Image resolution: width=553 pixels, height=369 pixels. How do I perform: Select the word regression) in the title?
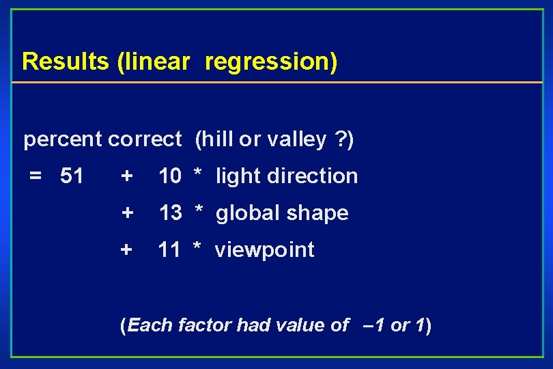[x=271, y=61]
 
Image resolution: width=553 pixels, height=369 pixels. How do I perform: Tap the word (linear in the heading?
[x=153, y=61]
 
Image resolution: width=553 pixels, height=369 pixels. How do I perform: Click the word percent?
[x=63, y=140]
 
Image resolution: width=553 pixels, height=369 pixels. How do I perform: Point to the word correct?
[x=144, y=140]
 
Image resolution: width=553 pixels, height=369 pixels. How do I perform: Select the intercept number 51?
[x=72, y=176]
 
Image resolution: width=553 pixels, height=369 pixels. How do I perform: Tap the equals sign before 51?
[x=36, y=176]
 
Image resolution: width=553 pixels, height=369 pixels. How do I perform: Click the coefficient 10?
[x=170, y=176]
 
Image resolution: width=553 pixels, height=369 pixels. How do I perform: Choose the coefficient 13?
[x=171, y=213]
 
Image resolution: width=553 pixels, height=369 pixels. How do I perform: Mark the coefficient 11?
[x=169, y=250]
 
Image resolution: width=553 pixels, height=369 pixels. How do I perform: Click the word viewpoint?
[x=265, y=251]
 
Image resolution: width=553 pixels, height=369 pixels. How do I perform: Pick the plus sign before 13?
[x=127, y=213]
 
